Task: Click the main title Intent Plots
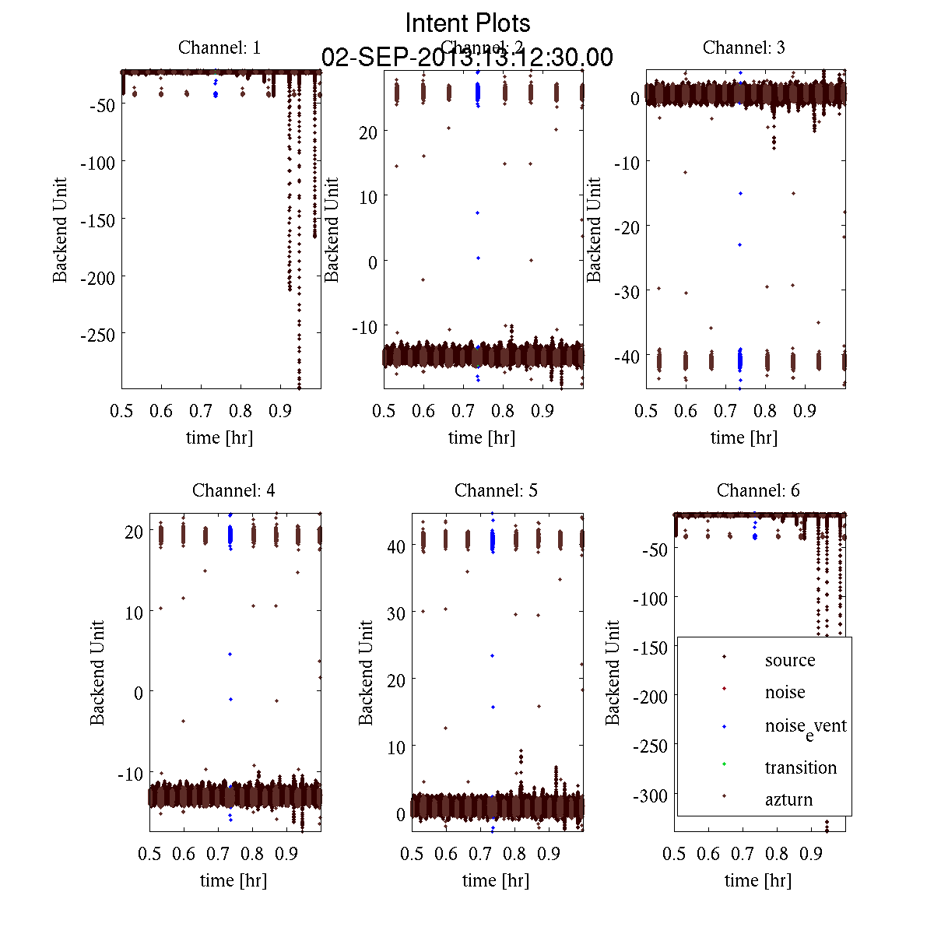pyautogui.click(x=468, y=23)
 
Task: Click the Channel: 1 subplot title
pyautogui.click(x=219, y=47)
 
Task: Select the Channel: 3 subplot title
pyautogui.click(x=743, y=47)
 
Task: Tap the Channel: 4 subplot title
pyautogui.click(x=233, y=490)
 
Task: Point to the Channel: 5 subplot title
pyautogui.click(x=496, y=490)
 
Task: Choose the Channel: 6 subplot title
pyautogui.click(x=758, y=490)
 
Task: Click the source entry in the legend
pyautogui.click(x=789, y=660)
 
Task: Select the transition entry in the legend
pyautogui.click(x=800, y=767)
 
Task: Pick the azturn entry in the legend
pyautogui.click(x=788, y=799)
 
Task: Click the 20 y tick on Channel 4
pyautogui.click(x=133, y=531)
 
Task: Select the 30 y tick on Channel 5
pyautogui.click(x=395, y=613)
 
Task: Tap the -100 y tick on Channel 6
pyautogui.click(x=652, y=598)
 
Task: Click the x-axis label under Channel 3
pyautogui.click(x=743, y=437)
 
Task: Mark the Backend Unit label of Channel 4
pyautogui.click(x=97, y=672)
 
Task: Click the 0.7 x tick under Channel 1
pyautogui.click(x=201, y=410)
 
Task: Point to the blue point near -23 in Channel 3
pyautogui.click(x=740, y=245)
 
